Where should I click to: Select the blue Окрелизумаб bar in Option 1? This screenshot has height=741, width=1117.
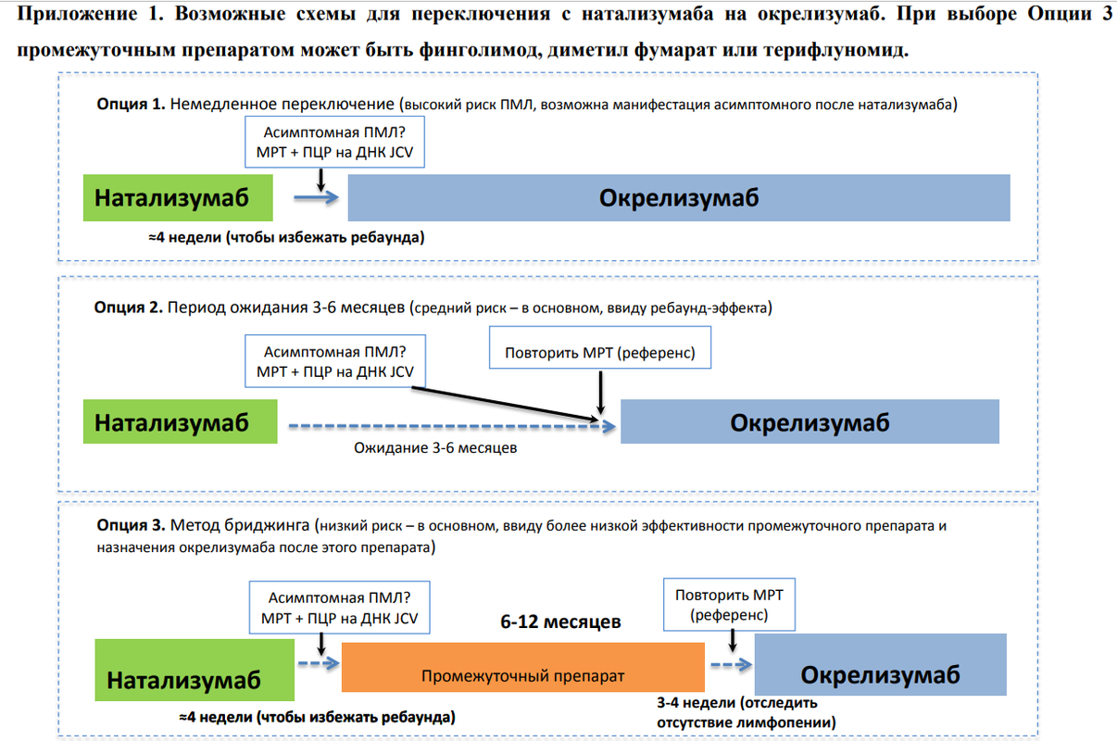(x=679, y=198)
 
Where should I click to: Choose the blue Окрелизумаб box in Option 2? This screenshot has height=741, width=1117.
(x=810, y=422)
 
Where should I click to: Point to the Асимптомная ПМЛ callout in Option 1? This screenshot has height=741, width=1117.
(x=334, y=141)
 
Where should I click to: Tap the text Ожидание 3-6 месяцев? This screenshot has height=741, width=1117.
(x=435, y=447)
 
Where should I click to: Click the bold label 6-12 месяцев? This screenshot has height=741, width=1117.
(x=560, y=622)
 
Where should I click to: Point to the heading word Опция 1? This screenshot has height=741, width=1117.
(x=130, y=104)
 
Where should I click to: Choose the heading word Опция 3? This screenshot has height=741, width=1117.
(x=131, y=527)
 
